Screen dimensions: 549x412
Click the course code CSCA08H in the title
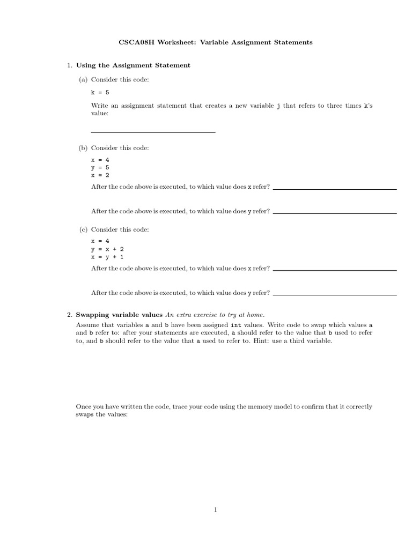tap(135, 42)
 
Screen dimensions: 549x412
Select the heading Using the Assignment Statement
tap(133, 65)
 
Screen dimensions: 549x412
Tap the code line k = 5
tap(100, 92)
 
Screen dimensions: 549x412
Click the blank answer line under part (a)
tap(153, 132)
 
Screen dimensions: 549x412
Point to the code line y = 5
tap(100, 167)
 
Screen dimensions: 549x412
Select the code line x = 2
tap(100, 175)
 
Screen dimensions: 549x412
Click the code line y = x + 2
tap(108, 249)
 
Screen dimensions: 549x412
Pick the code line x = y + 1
tap(108, 257)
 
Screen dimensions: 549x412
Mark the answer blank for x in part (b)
tap(335, 189)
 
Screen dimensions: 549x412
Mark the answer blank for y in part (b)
tap(335, 213)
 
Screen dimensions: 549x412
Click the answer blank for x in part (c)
tap(335, 270)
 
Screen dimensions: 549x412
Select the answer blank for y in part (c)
tap(335, 294)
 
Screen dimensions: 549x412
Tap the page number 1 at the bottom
tap(215, 510)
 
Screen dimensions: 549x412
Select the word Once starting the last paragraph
tap(84, 407)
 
